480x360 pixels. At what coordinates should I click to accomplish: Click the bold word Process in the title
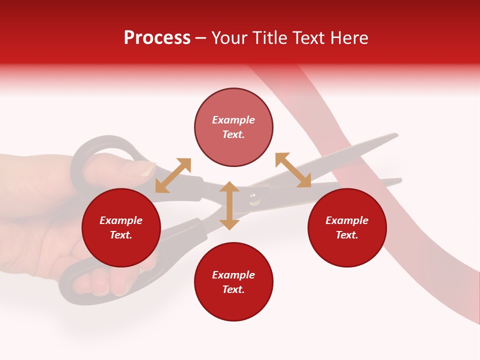157,38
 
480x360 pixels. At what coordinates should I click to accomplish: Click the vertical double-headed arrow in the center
229,205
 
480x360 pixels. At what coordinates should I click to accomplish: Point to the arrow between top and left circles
173,175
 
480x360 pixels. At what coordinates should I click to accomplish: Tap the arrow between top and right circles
293,170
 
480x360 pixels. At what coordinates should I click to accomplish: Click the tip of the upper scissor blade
396,134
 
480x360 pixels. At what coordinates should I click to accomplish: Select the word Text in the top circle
233,134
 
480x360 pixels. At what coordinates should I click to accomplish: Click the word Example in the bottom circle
233,274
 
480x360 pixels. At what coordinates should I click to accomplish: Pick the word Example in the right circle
347,220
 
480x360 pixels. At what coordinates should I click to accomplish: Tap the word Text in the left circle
121,235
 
